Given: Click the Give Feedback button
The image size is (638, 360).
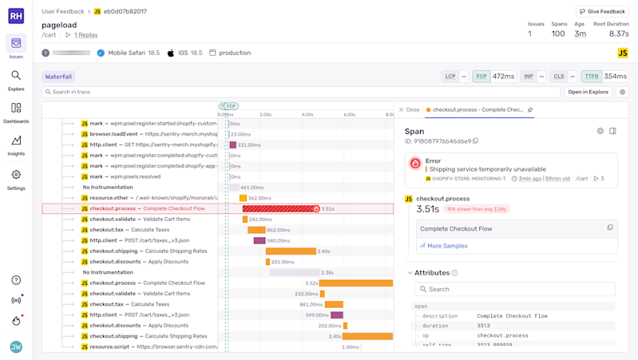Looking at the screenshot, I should pos(602,12).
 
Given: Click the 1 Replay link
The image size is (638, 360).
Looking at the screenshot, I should pos(85,35).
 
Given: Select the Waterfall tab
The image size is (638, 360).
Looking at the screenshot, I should pos(58,77).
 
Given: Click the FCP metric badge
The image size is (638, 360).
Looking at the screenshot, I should pos(481,77).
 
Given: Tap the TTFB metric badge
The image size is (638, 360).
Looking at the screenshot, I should pos(591,77).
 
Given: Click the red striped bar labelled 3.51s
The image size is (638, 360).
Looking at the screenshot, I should pos(279,209).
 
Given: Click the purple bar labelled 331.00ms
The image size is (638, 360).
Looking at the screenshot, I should pos(233,145).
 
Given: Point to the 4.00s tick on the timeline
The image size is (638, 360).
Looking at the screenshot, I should pos(307,115).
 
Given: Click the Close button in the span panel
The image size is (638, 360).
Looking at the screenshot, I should pos(409,110).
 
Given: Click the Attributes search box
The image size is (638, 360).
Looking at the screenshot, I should pos(515,289).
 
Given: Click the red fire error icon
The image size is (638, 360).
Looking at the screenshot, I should pos(415,164).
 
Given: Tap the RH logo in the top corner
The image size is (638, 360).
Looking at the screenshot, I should pos(16,15).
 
